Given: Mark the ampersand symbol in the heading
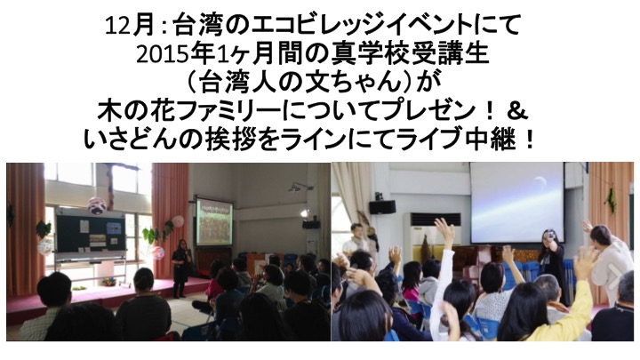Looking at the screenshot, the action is (x=517, y=112).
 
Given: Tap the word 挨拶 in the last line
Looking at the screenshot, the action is (x=229, y=140).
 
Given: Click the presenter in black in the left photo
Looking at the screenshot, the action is (x=180, y=268).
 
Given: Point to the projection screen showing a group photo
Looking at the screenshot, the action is (x=214, y=222).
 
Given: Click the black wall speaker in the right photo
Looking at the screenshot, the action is (x=382, y=207).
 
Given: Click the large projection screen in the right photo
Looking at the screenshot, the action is (x=517, y=203).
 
